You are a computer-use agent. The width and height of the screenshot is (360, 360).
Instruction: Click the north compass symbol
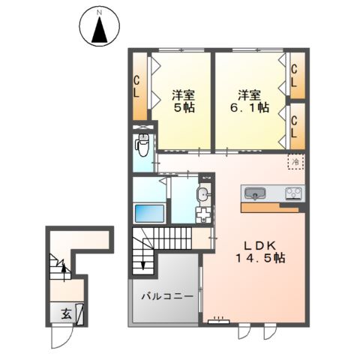pos(99,28)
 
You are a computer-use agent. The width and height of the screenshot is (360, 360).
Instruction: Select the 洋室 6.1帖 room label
pos(250,102)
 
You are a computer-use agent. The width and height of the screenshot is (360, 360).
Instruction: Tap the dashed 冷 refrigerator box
pos(295,161)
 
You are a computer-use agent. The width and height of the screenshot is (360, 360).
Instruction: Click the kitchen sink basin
pos(256,194)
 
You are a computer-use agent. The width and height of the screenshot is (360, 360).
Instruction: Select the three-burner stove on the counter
pos(292,194)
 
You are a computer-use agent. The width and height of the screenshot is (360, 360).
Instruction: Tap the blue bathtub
pos(149,212)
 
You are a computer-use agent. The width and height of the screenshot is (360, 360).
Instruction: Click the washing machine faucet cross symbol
pos(203,214)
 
